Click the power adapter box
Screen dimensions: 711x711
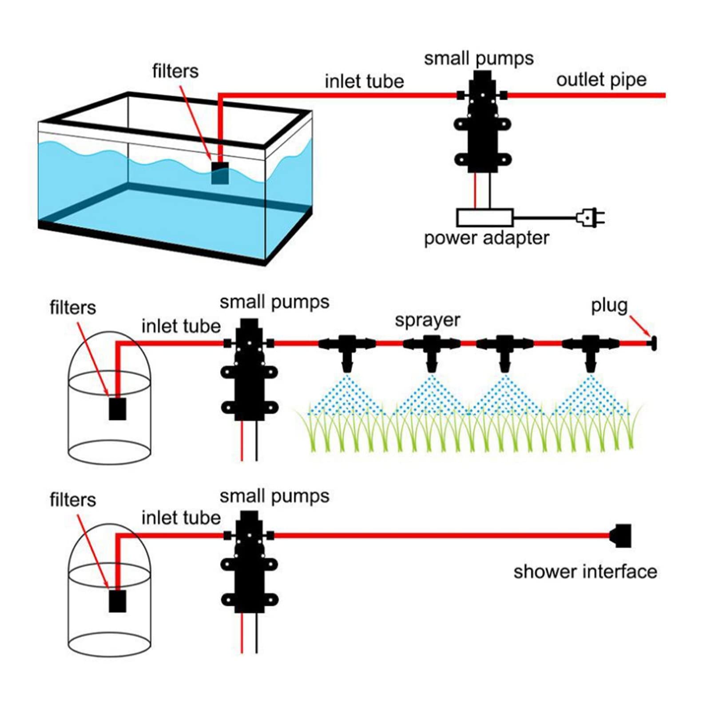pyautogui.click(x=485, y=218)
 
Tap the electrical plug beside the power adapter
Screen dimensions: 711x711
pyautogui.click(x=590, y=218)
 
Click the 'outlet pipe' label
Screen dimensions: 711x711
pyautogui.click(x=601, y=80)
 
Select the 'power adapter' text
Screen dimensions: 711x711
pyautogui.click(x=486, y=238)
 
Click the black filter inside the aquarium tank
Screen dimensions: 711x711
pyautogui.click(x=220, y=173)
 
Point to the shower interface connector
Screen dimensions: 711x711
pyautogui.click(x=620, y=536)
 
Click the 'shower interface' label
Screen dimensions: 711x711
pyautogui.click(x=585, y=572)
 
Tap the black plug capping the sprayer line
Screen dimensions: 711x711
pyautogui.click(x=653, y=343)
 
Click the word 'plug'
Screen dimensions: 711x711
pyautogui.click(x=609, y=306)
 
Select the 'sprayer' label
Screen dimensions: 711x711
pyautogui.click(x=427, y=321)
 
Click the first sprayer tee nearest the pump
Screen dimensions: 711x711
pyautogui.click(x=347, y=351)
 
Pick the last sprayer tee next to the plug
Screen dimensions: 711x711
pyautogui.click(x=590, y=351)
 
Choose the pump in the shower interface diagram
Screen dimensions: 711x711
pyautogui.click(x=249, y=562)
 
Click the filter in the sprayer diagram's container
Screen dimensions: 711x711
pyautogui.click(x=118, y=409)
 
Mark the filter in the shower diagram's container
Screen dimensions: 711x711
pyautogui.click(x=118, y=601)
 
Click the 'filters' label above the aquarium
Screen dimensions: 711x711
pyautogui.click(x=175, y=71)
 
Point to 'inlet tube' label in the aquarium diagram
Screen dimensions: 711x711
pyautogui.click(x=364, y=81)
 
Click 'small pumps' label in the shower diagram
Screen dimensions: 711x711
pyautogui.click(x=274, y=497)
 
